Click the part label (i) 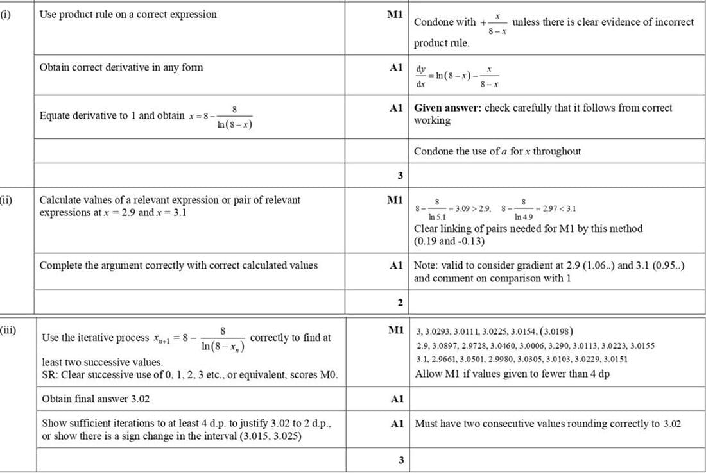coord(5,14)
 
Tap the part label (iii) coord(7,331)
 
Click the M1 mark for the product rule coord(395,14)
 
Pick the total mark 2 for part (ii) coord(400,303)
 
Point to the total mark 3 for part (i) coord(400,175)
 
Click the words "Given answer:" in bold coord(447,108)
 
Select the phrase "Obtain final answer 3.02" coord(96,399)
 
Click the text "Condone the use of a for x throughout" coord(497,151)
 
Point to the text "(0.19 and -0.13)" coord(449,241)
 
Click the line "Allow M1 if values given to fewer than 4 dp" coord(512,374)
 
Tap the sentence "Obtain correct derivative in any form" coord(121,67)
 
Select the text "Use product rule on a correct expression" coord(128,14)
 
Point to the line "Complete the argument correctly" coord(178,265)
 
